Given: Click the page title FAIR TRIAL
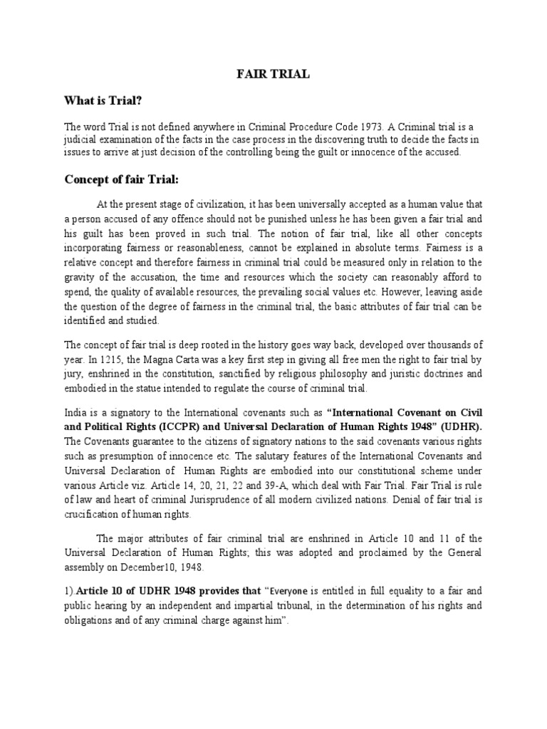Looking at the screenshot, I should pyautogui.click(x=273, y=74).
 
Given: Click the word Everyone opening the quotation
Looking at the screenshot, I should pyautogui.click(x=291, y=590).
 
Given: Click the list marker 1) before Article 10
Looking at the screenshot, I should pyautogui.click(x=68, y=590).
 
